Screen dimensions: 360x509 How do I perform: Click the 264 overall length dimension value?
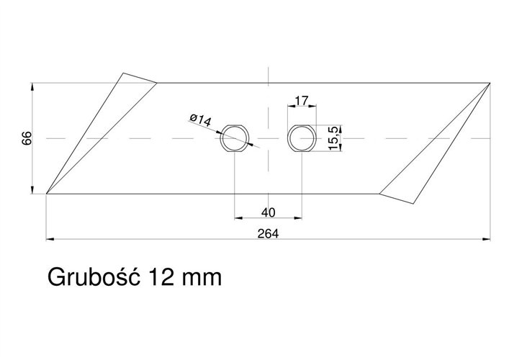[x=269, y=233]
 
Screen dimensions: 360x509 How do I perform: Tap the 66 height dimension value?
[x=27, y=138]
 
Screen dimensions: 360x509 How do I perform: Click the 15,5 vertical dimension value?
[x=333, y=137]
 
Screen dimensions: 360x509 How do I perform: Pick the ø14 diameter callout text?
[x=199, y=120]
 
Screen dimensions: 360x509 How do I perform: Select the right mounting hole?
[x=301, y=137]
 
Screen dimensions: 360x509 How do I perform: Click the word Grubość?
[x=93, y=276]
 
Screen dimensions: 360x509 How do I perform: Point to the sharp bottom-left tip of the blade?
[x=47, y=193]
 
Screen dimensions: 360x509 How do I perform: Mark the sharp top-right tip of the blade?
[x=490, y=84]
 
